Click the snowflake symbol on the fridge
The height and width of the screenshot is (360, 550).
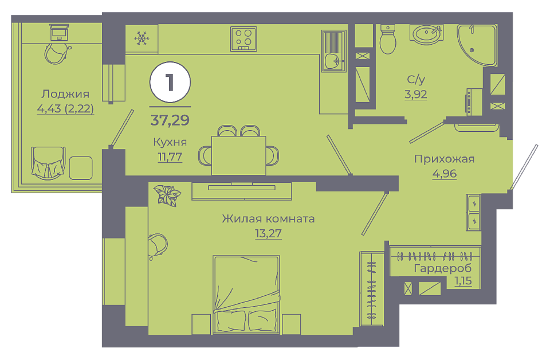tap(142, 38)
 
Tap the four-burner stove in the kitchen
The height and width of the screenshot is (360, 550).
tap(243, 39)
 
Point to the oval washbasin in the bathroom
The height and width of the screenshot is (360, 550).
tap(426, 34)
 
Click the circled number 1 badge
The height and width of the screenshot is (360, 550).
tap(170, 82)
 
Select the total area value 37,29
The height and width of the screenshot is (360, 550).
tap(170, 120)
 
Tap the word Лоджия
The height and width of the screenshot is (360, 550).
tap(65, 94)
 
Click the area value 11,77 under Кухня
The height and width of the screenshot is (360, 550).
tap(170, 156)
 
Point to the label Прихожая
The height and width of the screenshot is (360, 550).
tap(445, 159)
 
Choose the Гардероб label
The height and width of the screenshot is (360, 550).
tap(443, 268)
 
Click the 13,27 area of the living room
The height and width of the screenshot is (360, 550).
tap(268, 233)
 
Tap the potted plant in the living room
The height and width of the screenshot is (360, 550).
tap(167, 195)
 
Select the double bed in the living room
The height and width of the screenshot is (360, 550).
tap(246, 295)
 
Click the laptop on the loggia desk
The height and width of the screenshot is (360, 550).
tap(59, 32)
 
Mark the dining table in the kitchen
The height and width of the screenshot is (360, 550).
tap(238, 155)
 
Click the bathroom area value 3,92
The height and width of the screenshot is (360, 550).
tap(416, 95)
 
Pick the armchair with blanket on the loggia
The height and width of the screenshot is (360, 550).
tap(48, 163)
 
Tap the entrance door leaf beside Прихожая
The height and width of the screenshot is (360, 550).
tap(523, 167)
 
